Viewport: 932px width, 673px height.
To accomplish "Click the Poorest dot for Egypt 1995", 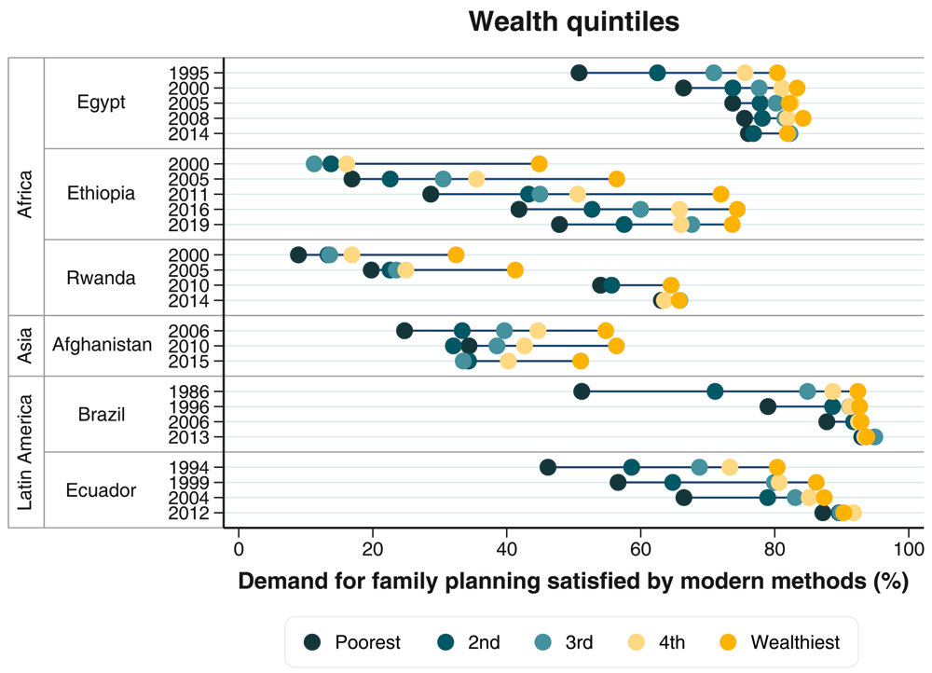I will point(579,73).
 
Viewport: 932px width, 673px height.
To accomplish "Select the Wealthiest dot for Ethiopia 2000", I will point(540,164).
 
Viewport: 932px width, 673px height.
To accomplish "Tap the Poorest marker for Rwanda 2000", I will point(298,254).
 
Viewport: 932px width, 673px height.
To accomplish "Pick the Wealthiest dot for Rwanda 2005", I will point(515,270).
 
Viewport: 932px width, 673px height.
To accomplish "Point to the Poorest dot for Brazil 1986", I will point(582,391).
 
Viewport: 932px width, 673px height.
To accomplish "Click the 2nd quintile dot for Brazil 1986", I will point(715,391).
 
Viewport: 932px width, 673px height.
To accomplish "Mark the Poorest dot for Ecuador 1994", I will point(548,467).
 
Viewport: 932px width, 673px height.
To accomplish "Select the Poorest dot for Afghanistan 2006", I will point(404,330).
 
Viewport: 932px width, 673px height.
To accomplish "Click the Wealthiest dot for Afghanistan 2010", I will point(616,346).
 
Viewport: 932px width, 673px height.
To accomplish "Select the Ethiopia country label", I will point(102,194).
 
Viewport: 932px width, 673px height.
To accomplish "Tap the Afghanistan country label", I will point(102,346).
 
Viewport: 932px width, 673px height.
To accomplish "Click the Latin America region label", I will point(26,452).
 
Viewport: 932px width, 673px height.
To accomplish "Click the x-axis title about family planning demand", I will point(573,583).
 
